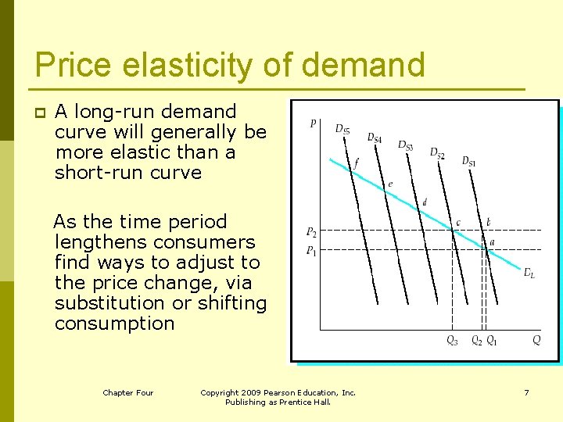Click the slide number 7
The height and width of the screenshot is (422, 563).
pyautogui.click(x=526, y=392)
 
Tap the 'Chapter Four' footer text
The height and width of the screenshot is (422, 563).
pyautogui.click(x=128, y=392)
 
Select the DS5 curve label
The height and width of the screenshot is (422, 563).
pyautogui.click(x=342, y=129)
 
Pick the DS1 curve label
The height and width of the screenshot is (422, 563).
pyautogui.click(x=468, y=161)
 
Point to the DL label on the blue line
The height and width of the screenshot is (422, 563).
pyautogui.click(x=529, y=273)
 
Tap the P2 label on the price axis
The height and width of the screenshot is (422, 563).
pyautogui.click(x=311, y=232)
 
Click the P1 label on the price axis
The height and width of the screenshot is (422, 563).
pyautogui.click(x=311, y=250)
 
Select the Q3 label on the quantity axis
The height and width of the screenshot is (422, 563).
pyautogui.click(x=453, y=340)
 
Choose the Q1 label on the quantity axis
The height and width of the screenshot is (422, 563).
pyautogui.click(x=491, y=340)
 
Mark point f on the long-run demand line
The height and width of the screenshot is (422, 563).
pyautogui.click(x=356, y=163)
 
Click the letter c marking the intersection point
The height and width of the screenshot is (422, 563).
pyautogui.click(x=458, y=223)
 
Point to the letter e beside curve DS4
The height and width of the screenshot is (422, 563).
pyautogui.click(x=390, y=184)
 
